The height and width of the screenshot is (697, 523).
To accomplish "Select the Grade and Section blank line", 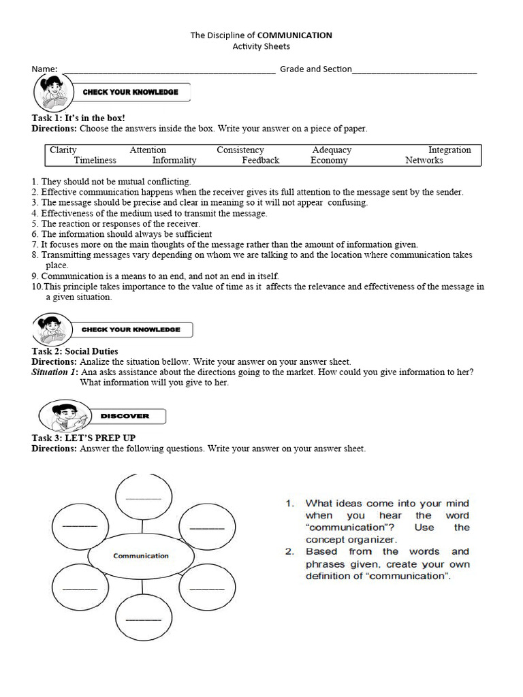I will [415, 70].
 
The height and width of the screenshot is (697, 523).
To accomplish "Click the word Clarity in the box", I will [63, 150].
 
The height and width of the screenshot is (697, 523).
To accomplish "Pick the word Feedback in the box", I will [260, 161].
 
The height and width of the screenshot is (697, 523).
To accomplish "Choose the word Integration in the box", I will [449, 150].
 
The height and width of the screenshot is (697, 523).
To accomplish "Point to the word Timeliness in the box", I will [95, 161].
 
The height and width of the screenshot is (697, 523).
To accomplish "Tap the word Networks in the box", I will [424, 161].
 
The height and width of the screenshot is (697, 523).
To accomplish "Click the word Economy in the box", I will [329, 161].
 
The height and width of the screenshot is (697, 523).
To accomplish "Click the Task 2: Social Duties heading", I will [75, 352].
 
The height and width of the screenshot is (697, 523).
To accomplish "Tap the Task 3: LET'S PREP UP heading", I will [88, 438].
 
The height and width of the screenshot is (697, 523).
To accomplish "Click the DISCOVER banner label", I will [125, 416].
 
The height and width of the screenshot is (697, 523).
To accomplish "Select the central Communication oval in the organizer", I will [141, 555].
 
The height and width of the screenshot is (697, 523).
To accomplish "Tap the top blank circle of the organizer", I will [143, 496].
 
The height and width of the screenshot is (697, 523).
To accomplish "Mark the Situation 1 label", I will [55, 372].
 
